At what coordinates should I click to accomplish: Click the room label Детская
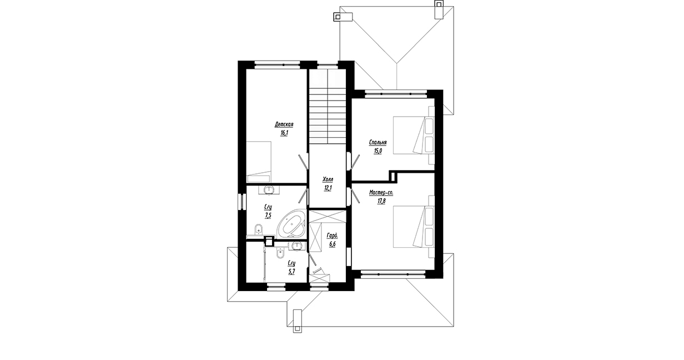coord(284,124)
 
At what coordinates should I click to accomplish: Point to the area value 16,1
coord(284,133)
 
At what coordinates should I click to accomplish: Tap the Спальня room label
coord(378,142)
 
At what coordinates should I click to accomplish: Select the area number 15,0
coord(378,151)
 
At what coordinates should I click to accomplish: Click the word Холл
coord(328,179)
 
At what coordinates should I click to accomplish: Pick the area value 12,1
coord(328,188)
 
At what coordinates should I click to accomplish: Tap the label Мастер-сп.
coord(381,193)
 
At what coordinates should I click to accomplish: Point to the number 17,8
coord(381,201)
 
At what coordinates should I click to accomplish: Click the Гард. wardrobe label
coord(332,236)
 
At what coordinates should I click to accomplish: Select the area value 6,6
coord(332,244)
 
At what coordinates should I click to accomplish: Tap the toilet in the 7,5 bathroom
coord(258,229)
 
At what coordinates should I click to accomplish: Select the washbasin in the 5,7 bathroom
coord(296,246)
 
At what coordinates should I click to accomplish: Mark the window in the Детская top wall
coord(277,65)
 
